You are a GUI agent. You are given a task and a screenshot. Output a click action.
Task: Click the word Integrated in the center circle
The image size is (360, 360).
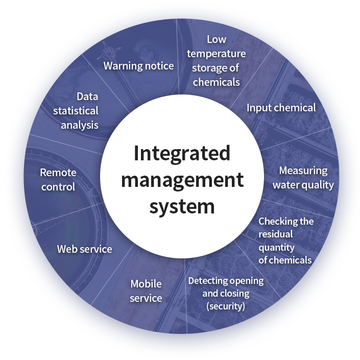pyautogui.click(x=182, y=154)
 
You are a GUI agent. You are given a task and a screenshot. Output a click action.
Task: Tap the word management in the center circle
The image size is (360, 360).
pyautogui.click(x=182, y=180)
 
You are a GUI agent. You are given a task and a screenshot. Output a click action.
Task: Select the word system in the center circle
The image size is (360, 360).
pyautogui.click(x=182, y=206)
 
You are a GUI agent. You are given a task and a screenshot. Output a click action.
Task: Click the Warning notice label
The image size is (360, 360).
pyautogui.click(x=138, y=66)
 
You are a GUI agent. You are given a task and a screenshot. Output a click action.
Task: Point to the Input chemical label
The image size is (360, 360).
pyautogui.click(x=281, y=108)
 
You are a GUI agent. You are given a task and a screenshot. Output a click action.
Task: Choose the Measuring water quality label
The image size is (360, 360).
pyautogui.click(x=303, y=178)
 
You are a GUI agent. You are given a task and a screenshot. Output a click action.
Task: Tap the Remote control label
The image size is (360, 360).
pyautogui.click(x=58, y=180)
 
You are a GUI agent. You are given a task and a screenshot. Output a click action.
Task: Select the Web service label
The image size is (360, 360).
pyautogui.click(x=84, y=249)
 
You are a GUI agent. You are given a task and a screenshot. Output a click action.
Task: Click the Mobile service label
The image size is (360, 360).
pyautogui.click(x=146, y=291)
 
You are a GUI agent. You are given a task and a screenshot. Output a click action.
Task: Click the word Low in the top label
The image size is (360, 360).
pyautogui.click(x=217, y=39)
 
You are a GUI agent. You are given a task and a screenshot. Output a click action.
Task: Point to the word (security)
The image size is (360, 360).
pyautogui.click(x=226, y=306)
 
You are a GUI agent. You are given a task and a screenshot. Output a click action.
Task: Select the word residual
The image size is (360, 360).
pyautogui.click(x=276, y=234)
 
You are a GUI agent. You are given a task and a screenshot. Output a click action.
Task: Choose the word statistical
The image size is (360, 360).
pyautogui.click(x=76, y=110)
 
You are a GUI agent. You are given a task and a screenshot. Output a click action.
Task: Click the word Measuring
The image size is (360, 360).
pyautogui.click(x=303, y=171)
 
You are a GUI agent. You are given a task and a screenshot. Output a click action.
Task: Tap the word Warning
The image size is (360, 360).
pyautogui.click(x=122, y=66)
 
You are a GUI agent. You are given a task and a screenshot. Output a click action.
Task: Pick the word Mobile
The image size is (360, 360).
pyautogui.click(x=146, y=284)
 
